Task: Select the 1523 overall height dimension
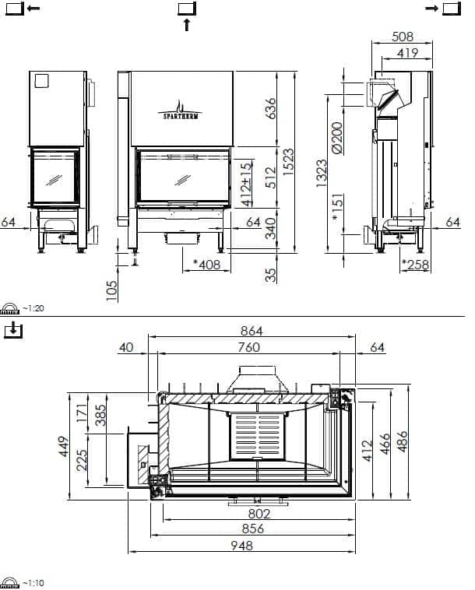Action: point(288,162)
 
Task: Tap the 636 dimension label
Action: point(271,108)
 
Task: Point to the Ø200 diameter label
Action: point(337,137)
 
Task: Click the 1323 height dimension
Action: point(322,173)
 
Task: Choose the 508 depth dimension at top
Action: point(403,37)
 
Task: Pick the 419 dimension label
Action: point(407,53)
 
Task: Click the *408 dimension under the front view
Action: point(206,265)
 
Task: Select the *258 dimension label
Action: point(415,265)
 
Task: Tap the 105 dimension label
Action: point(112,290)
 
